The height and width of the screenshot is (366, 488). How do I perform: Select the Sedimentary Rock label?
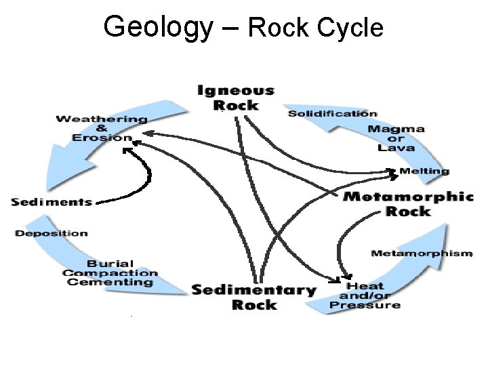click(x=254, y=297)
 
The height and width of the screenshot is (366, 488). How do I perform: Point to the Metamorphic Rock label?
click(x=408, y=203)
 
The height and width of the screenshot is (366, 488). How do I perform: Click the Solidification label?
click(x=333, y=113)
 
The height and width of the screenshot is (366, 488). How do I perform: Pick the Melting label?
click(x=424, y=171)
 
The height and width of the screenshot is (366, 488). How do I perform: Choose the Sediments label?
click(x=52, y=201)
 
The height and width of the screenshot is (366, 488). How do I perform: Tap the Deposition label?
click(x=52, y=233)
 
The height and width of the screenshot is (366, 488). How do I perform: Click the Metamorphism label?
click(x=421, y=253)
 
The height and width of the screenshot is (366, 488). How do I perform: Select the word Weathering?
click(x=102, y=119)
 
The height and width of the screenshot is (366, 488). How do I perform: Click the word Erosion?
click(x=103, y=138)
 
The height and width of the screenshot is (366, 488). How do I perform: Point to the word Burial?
click(x=110, y=264)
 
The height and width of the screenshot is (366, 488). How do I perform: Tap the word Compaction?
click(x=110, y=273)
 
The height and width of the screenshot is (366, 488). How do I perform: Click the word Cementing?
click(x=110, y=282)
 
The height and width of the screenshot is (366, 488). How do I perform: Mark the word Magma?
click(x=396, y=129)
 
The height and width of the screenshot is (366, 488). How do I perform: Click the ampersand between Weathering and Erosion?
click(x=102, y=128)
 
